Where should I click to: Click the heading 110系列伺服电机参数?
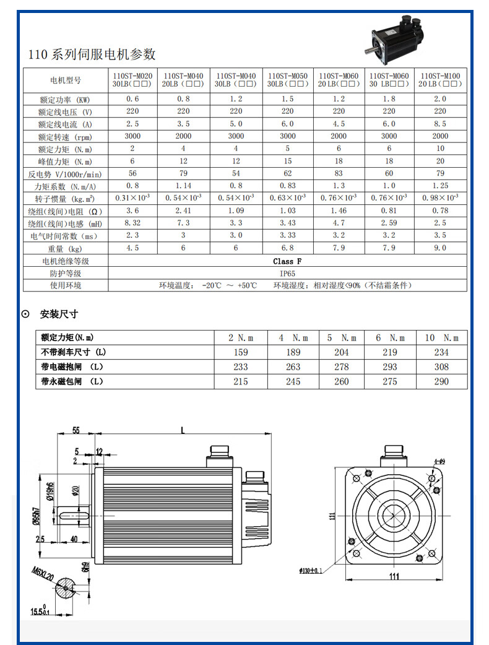92,54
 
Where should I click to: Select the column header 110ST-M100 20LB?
439,79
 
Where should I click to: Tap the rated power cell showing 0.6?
133,99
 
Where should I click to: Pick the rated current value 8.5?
440,124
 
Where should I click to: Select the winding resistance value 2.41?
183,210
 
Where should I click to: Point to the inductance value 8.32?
133,223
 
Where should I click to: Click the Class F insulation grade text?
287,261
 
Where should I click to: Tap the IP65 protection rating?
287,273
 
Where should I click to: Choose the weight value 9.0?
440,248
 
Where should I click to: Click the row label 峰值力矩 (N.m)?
66,161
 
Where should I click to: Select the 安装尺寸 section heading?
59,314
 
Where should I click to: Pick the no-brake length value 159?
241,352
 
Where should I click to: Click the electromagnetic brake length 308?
441,367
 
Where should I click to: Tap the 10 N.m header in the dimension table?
442,338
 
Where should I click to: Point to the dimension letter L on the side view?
183,430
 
